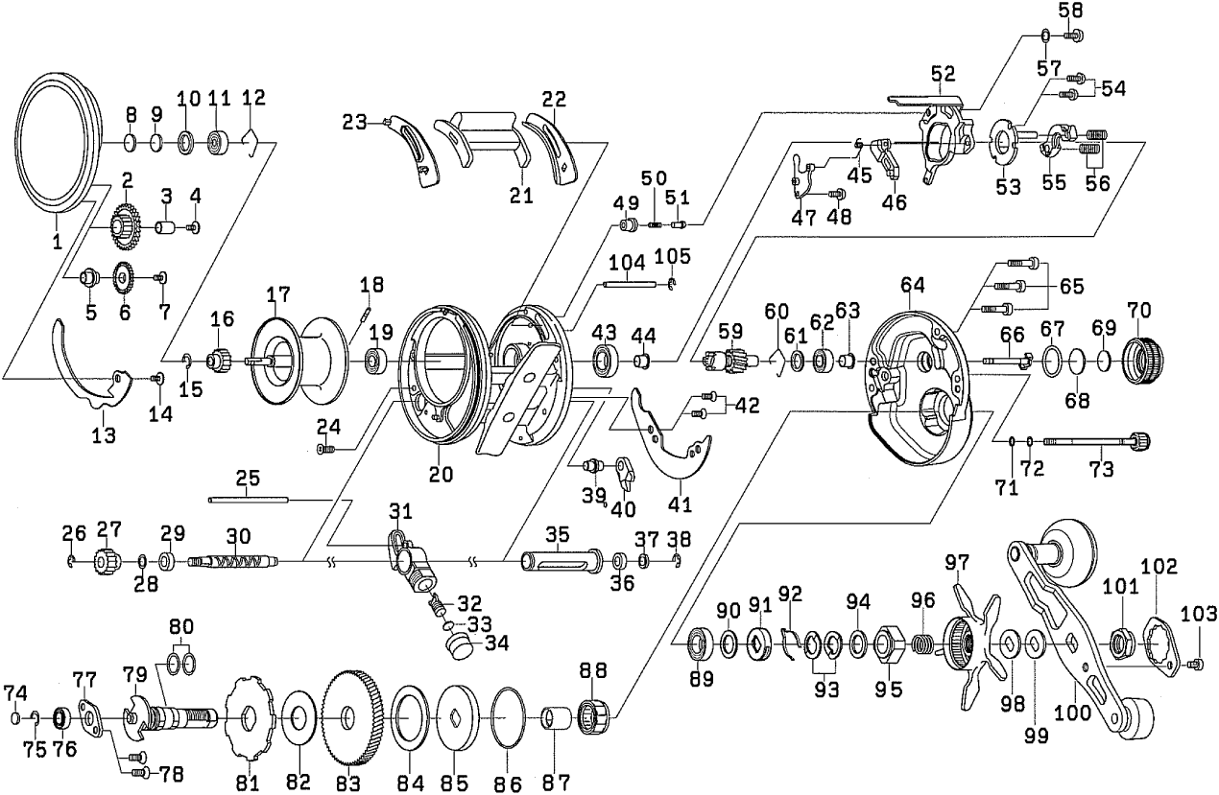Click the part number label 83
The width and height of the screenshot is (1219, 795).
pos(347,783)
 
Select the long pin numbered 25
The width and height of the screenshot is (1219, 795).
pos(248,498)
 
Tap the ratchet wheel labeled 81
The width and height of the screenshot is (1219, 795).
pos(247,716)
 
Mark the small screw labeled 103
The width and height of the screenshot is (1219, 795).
pos(1197,662)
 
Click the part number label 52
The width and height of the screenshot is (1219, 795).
pos(943,72)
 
